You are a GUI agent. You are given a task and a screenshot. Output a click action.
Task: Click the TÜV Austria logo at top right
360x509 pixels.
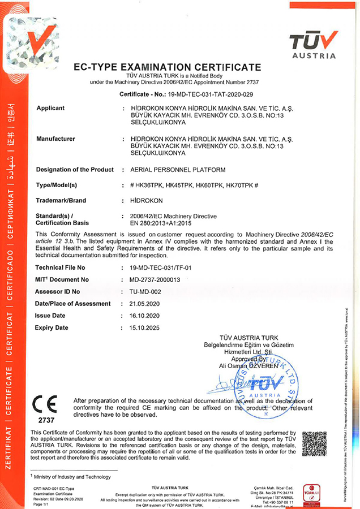click(313, 44)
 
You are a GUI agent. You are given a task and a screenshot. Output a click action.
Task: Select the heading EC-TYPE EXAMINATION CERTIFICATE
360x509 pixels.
click(168, 67)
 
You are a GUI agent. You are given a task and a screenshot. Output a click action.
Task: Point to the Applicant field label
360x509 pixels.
click(50, 108)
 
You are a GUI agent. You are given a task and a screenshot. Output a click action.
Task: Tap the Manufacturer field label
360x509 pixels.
click(55, 139)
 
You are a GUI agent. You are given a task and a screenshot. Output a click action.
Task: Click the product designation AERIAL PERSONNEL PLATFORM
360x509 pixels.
click(178, 170)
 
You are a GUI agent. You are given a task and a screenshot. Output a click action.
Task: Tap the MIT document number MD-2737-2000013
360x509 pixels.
click(155, 279)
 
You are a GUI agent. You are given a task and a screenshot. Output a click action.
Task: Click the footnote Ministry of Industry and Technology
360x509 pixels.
click(71, 477)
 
